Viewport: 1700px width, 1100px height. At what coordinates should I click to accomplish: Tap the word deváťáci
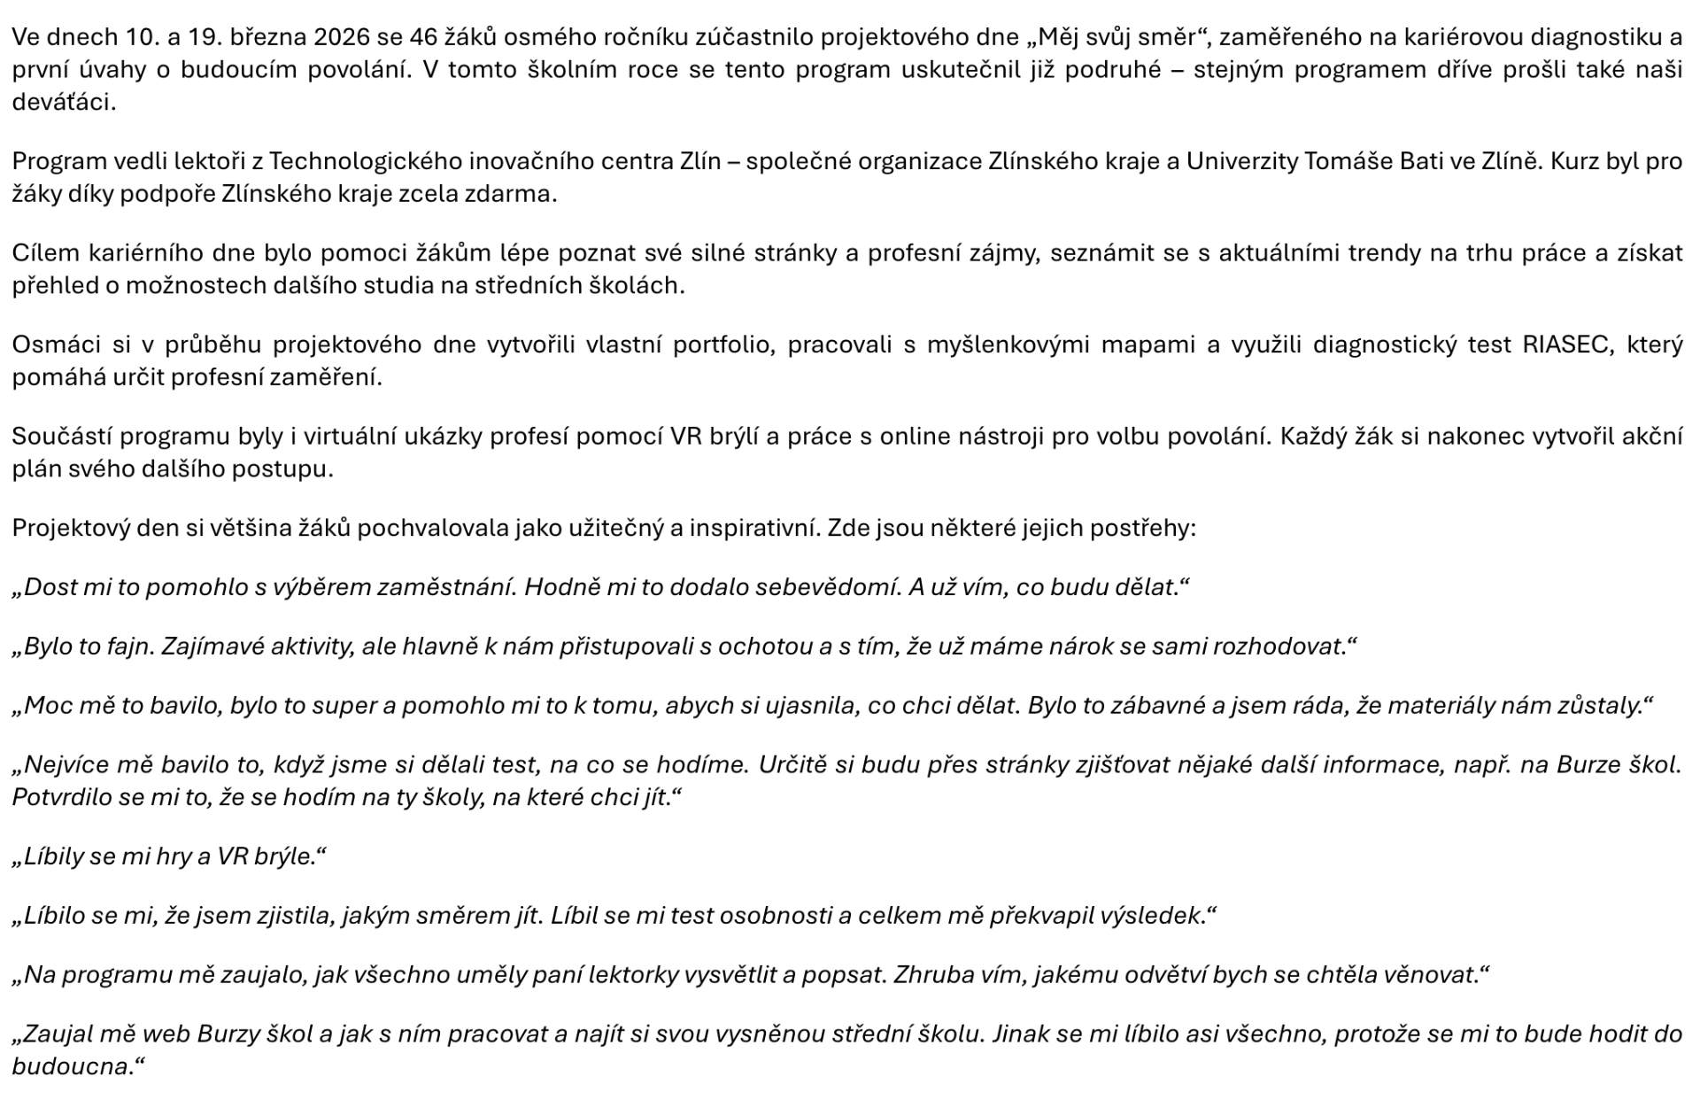[x=63, y=103]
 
